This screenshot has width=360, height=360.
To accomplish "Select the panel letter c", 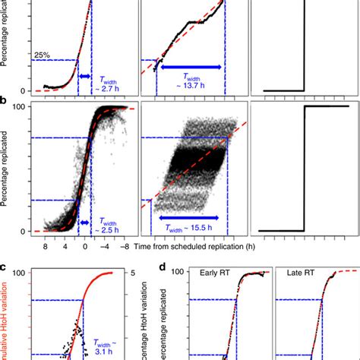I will pyautogui.click(x=6, y=266).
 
